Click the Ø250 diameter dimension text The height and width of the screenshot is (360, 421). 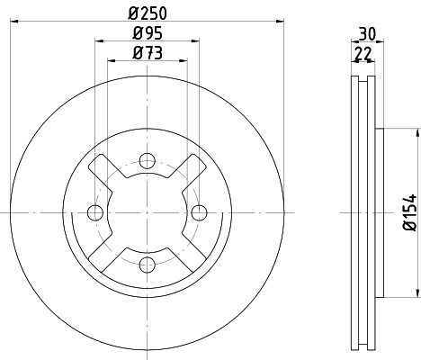coord(147,13)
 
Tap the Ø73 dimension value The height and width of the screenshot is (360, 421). coord(147,53)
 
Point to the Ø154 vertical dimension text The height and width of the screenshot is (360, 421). coord(408,212)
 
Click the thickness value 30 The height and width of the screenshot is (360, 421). coord(366,33)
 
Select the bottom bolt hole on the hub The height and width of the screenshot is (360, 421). coord(148,264)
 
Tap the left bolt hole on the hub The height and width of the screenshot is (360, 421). coord(95,212)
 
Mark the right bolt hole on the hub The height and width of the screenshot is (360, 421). coord(199,212)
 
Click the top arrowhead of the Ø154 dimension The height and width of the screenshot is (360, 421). coord(417,133)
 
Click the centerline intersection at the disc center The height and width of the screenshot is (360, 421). coord(148,212)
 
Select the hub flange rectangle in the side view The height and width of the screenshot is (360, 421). coord(381,212)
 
